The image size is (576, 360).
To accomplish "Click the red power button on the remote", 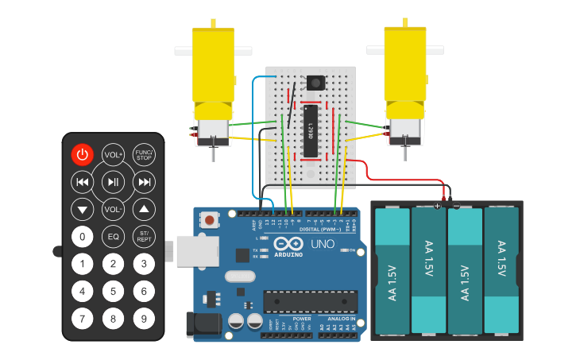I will [83, 155].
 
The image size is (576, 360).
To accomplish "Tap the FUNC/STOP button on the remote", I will [144, 155].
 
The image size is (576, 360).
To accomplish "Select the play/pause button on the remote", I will [113, 182].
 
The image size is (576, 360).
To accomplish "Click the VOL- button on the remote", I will [113, 210].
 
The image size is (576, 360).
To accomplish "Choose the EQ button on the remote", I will [113, 237].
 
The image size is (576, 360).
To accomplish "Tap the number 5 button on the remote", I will [113, 292].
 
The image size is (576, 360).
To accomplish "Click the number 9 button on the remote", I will [144, 319].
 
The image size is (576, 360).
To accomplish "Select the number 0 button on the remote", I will [83, 237].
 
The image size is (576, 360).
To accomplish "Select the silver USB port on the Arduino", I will [191, 250].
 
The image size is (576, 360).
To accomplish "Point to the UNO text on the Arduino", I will [322, 243].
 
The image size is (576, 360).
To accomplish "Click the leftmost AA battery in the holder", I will [392, 270].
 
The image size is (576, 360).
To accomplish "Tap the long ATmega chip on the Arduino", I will [310, 301].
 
